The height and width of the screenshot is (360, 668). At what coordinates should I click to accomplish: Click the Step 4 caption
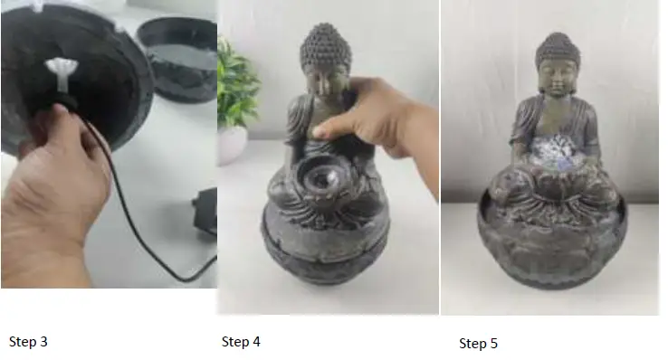pyautogui.click(x=241, y=341)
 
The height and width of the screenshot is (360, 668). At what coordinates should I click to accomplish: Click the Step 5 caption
pyautogui.click(x=478, y=343)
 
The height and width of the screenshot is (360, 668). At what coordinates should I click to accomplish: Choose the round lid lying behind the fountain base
pyautogui.click(x=181, y=54)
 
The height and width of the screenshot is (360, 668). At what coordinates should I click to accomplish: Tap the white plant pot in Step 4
pyautogui.click(x=231, y=143)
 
